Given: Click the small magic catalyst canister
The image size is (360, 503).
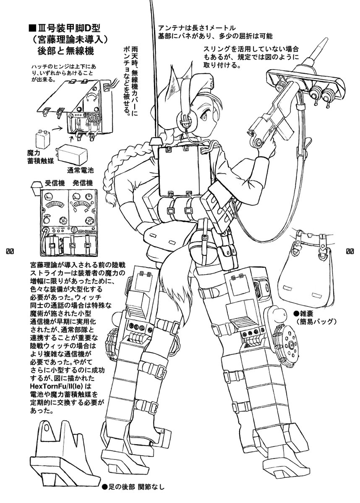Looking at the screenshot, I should click(x=43, y=138).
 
